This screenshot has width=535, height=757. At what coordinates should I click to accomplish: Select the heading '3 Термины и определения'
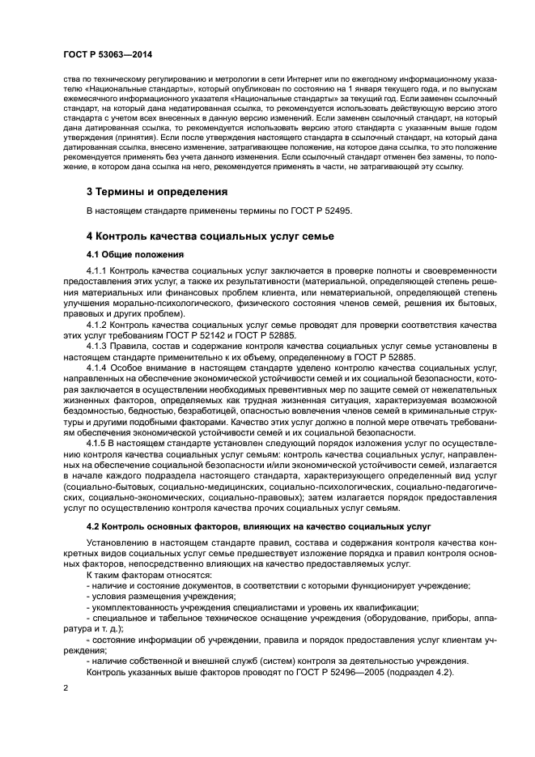[156, 192]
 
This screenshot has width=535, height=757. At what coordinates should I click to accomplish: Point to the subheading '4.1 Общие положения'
[134, 254]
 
